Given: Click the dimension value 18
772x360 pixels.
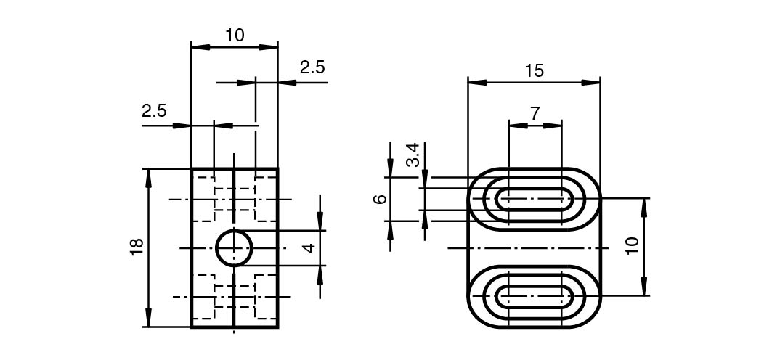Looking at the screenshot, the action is pos(137,246).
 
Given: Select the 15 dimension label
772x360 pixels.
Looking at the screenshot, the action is pos(534,71).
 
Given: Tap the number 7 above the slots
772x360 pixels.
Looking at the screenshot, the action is pos(535,113).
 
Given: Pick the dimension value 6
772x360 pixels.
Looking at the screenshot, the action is pos(380,199).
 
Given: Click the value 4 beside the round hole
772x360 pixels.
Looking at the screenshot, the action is pos(309,248).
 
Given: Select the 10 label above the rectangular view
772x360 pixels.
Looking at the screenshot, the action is pos(235,36).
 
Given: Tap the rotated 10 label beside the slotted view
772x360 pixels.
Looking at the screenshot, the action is pos(633,245).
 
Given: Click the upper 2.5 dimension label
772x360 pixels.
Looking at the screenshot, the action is pos(312,67).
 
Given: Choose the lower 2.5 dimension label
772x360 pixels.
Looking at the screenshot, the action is pos(154,110).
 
